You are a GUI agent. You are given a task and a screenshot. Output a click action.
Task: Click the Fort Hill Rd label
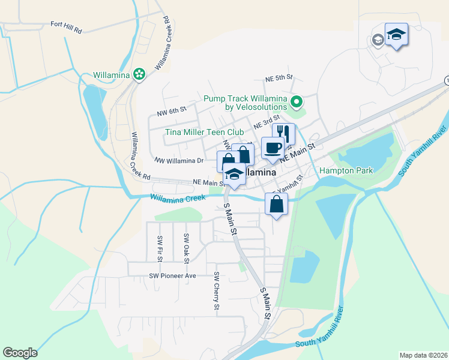click(x=66, y=25)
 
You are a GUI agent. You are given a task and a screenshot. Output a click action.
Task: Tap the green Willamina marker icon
click(x=139, y=74)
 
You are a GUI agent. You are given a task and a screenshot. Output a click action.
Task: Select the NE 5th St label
click(x=279, y=78)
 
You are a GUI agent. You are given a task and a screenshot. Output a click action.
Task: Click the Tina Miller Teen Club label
click(x=205, y=132)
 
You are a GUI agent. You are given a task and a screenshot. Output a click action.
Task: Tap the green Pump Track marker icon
click(x=295, y=101)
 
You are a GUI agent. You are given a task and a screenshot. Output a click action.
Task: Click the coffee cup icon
click(x=273, y=147)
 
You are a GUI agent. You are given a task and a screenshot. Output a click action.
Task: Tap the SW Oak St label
click(x=186, y=247)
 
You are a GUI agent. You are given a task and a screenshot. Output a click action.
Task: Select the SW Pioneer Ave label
click(x=173, y=276)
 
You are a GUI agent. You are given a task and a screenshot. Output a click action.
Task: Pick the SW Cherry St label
click(x=216, y=291)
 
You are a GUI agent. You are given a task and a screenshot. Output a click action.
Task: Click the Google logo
click(x=20, y=353)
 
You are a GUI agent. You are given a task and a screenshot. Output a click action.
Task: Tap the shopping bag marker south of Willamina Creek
click(x=276, y=203)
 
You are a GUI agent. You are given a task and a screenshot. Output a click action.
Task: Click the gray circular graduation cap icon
click(x=378, y=40)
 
